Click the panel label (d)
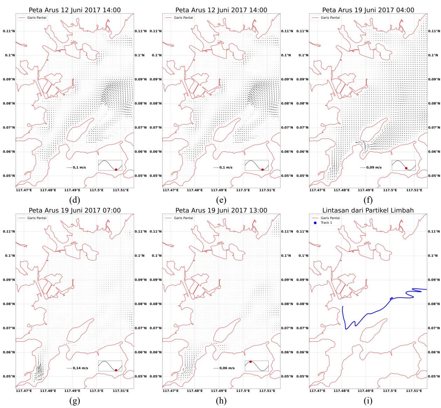point(74,200)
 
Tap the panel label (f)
point(368,200)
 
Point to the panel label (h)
point(221,400)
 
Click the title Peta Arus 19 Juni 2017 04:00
point(368,10)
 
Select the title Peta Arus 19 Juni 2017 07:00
point(75,210)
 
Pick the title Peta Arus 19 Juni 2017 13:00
point(221,210)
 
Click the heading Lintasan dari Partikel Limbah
point(368,210)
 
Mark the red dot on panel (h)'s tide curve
point(250,362)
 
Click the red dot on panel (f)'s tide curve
point(406,168)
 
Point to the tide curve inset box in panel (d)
point(110,165)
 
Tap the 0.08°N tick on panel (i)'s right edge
point(434,304)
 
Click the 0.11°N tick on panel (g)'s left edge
point(9,231)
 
